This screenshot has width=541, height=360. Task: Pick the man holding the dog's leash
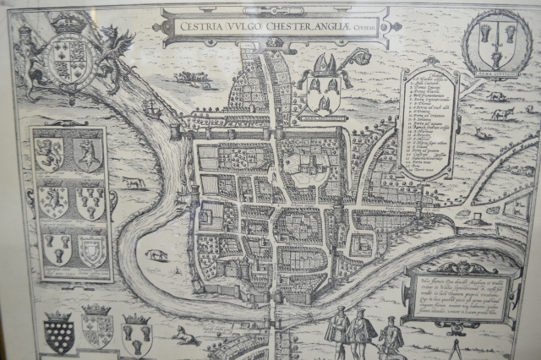coord(361,331)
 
